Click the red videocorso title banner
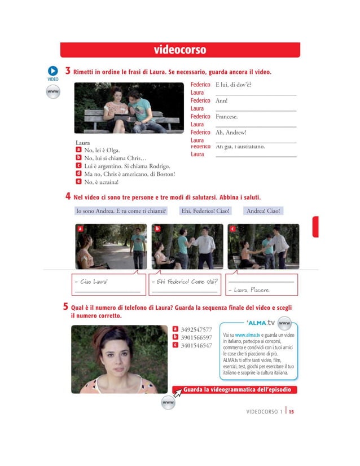tap(180, 50)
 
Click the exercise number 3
tap(67, 72)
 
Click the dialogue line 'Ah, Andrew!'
tap(231, 132)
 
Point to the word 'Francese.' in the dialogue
tap(227, 116)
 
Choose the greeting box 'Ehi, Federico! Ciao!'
tap(205, 211)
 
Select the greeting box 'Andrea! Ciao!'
tap(264, 211)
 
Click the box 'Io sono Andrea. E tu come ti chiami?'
tap(121, 211)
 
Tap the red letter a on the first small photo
tap(80, 229)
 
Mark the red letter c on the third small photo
tap(232, 229)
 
